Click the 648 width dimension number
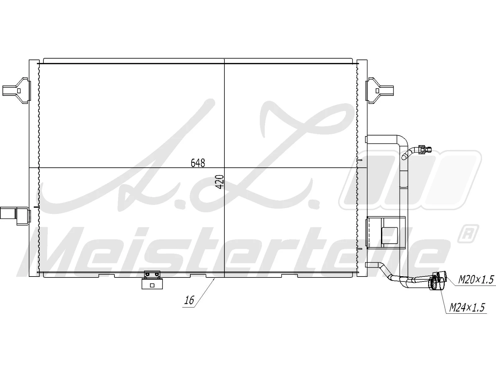point(198,163)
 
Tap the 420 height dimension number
point(219,182)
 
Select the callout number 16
point(189,300)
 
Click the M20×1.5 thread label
point(476,280)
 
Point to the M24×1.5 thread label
point(467,308)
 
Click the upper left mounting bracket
point(17,91)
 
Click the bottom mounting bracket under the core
point(152,281)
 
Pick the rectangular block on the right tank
point(386,232)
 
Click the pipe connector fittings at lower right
point(437,281)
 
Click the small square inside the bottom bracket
point(152,286)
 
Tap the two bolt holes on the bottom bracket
point(152,274)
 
